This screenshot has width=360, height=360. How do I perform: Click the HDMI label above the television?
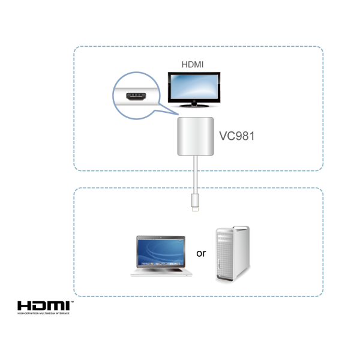[193, 63]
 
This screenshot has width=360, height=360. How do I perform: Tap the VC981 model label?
[238, 136]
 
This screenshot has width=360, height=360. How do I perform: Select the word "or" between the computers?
[202, 253]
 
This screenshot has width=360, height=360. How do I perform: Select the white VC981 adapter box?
[197, 137]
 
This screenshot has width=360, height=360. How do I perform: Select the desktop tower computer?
[232, 255]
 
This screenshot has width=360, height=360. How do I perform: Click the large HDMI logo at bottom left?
[44, 306]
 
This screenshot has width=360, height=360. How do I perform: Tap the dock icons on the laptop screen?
[161, 262]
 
